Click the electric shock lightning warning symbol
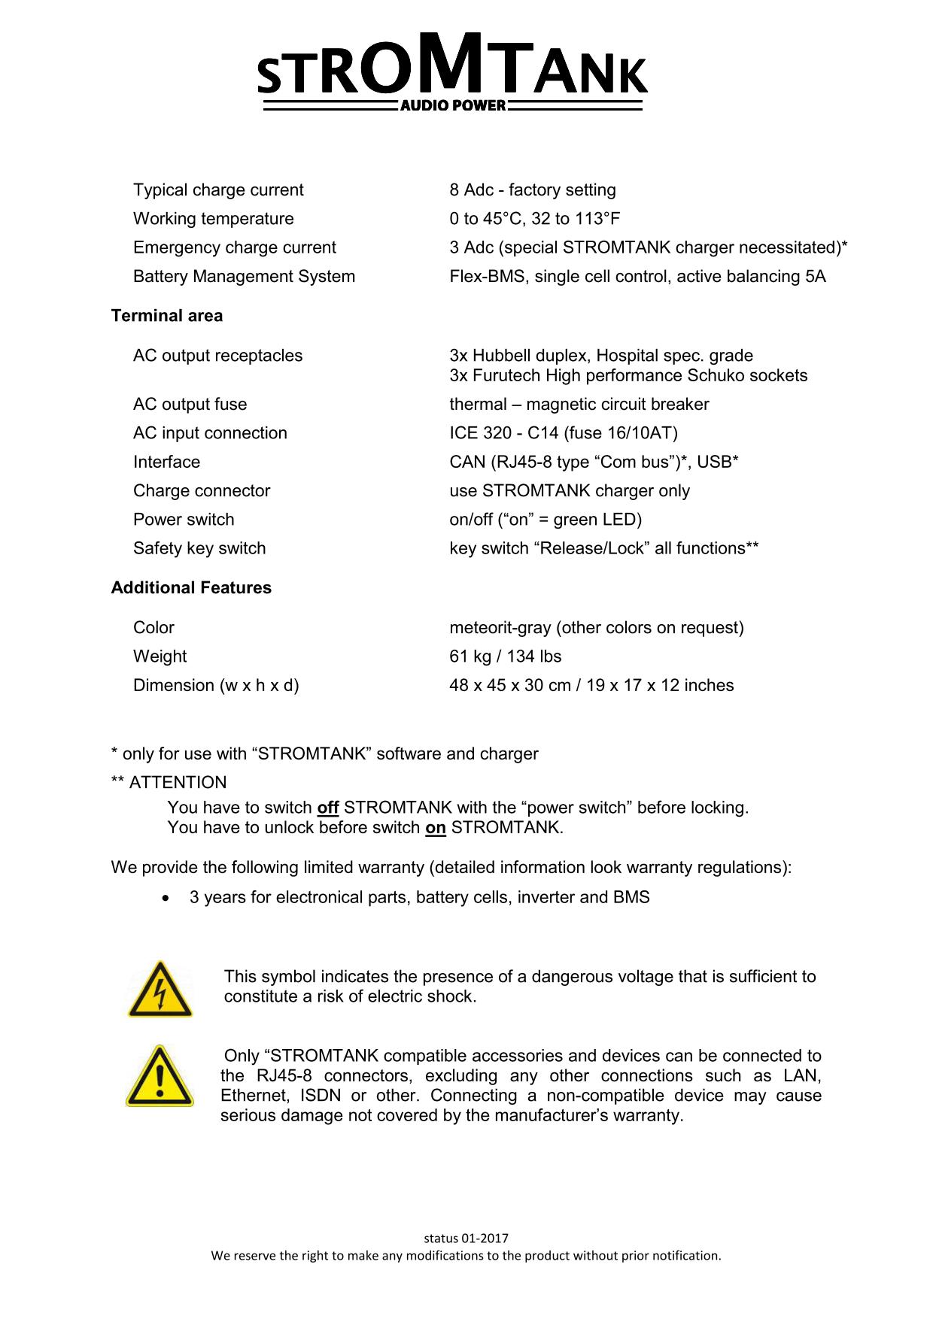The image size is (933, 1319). pos(160,990)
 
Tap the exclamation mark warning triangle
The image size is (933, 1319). pos(160,1076)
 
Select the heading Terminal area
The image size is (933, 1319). pos(167,316)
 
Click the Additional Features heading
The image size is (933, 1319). pos(191,588)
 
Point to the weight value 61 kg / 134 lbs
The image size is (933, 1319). pos(505,656)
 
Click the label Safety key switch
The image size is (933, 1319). pos(199,549)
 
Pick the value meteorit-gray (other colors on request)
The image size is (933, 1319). pos(596,628)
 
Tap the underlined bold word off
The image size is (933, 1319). pos(328,808)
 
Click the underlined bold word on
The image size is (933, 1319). pos(436,829)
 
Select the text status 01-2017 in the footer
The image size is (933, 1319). pos(466,1239)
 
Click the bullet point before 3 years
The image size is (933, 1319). pos(166,898)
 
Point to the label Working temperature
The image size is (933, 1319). pos(214,219)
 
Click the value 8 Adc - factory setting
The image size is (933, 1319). pos(532,190)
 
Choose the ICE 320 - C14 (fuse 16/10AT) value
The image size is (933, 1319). pos(563,433)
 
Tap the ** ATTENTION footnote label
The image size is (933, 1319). pos(169,783)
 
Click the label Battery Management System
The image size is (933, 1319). pos(244,277)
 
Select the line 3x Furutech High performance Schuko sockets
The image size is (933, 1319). pos(628,376)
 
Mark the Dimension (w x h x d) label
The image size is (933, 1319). pos(216,686)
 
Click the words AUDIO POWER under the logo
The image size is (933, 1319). pos(452,106)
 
